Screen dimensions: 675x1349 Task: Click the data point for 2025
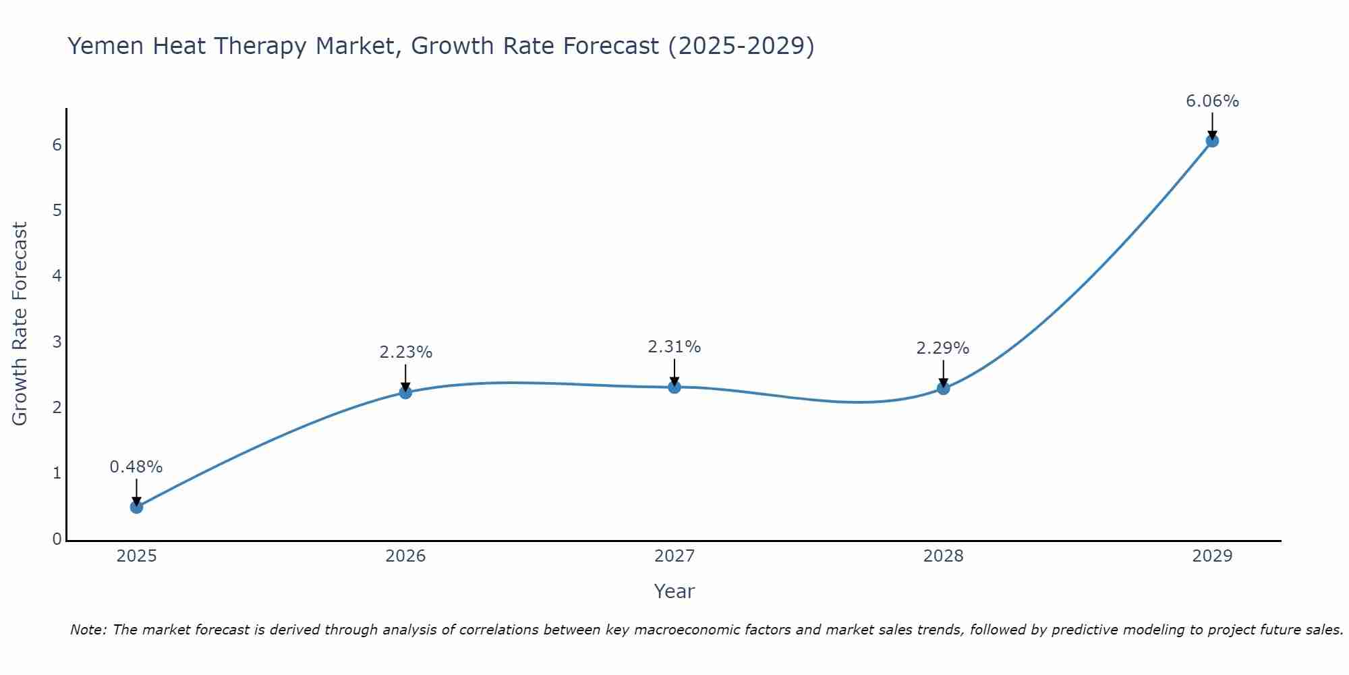(136, 507)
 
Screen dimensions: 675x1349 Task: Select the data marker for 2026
(405, 392)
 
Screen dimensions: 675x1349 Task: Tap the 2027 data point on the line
(674, 387)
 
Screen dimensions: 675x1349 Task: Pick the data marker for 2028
(943, 388)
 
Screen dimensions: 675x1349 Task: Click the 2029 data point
(1212, 140)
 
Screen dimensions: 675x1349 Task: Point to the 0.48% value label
(136, 467)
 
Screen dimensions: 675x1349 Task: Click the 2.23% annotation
(405, 352)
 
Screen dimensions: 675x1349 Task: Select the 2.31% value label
(674, 347)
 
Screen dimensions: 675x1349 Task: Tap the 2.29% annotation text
(943, 348)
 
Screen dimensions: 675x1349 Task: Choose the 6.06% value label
(1212, 101)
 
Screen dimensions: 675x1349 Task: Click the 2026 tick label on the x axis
(405, 556)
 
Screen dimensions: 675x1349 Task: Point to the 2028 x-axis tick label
(943, 556)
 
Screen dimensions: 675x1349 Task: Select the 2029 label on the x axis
(1212, 556)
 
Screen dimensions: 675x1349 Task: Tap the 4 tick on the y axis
(57, 276)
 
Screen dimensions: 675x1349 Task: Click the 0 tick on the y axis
(57, 539)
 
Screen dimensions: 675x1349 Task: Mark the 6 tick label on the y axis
(57, 145)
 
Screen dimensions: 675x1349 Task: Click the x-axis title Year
(674, 591)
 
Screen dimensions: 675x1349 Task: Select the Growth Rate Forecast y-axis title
(20, 324)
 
